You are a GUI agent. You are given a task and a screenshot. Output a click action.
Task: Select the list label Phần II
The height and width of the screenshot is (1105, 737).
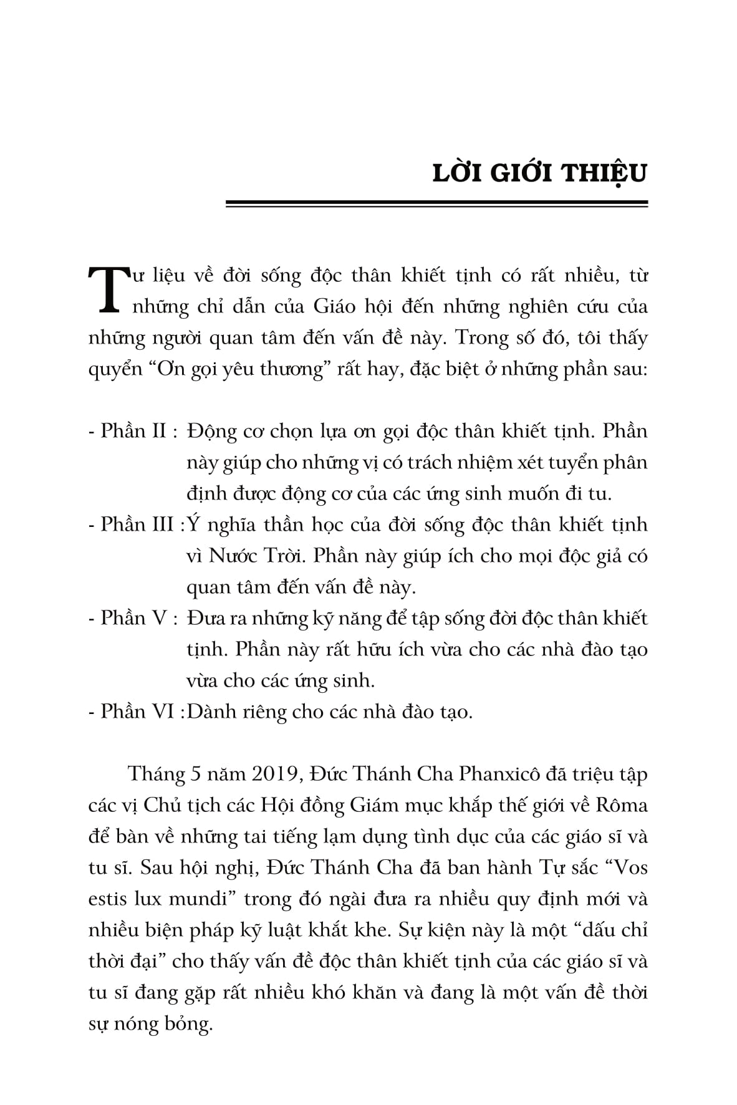[x=132, y=431]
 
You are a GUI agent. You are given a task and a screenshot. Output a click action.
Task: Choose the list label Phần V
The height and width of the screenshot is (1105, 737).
[x=132, y=618]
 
